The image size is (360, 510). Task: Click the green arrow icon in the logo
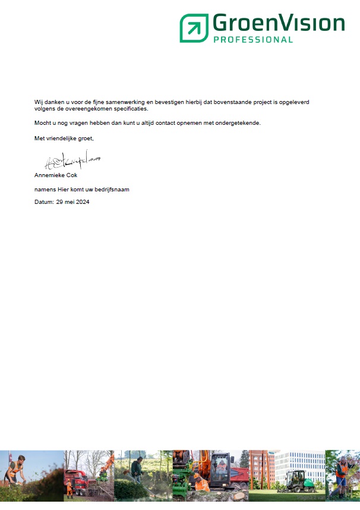(x=194, y=28)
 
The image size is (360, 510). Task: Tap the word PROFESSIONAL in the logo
(x=252, y=40)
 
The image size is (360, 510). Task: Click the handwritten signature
(x=72, y=160)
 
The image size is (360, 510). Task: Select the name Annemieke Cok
(x=56, y=175)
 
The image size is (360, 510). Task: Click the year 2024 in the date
(x=83, y=202)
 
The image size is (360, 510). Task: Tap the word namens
(x=44, y=190)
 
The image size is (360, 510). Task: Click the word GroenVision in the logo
(x=278, y=24)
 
